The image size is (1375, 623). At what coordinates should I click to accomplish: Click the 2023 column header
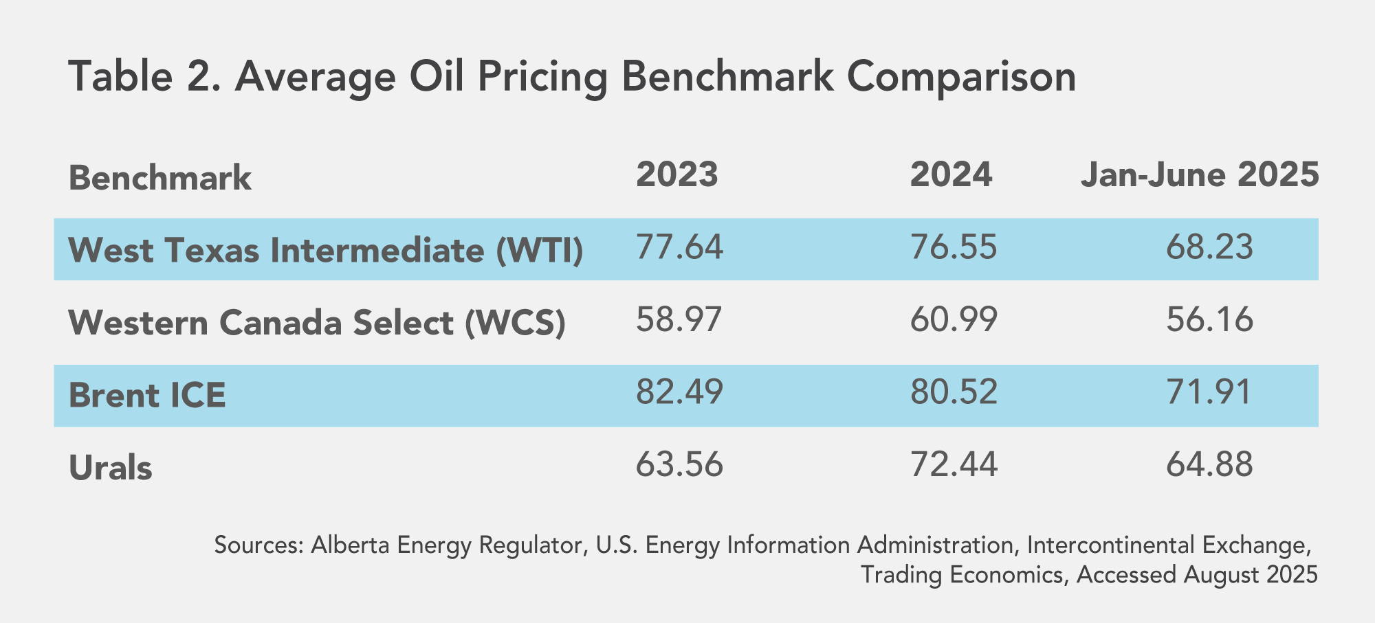(676, 174)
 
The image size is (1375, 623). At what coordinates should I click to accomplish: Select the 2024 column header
(951, 174)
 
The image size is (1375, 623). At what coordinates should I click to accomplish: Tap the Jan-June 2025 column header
(1200, 174)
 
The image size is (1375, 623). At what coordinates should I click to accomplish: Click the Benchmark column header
(160, 179)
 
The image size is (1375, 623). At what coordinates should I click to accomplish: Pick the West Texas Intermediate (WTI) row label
(326, 250)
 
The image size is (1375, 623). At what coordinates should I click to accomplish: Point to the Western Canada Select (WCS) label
(317, 323)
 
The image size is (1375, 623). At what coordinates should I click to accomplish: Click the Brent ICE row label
(147, 396)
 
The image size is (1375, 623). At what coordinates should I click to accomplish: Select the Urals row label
(110, 468)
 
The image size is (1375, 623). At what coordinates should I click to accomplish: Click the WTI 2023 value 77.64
(679, 247)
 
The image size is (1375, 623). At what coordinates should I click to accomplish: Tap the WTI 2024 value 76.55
(953, 247)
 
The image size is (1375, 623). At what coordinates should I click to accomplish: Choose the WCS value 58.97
(679, 320)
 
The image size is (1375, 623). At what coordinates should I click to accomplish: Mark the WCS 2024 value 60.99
(953, 320)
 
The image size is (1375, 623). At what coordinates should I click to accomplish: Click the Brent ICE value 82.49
(679, 392)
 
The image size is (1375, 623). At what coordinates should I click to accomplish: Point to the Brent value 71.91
(1209, 392)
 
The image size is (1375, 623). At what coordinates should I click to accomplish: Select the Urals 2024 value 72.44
(953, 465)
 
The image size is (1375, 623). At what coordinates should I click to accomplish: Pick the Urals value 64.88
(1209, 465)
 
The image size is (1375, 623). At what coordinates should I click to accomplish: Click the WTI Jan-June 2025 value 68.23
(1209, 247)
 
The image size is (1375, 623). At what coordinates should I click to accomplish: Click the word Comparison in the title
(961, 77)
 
